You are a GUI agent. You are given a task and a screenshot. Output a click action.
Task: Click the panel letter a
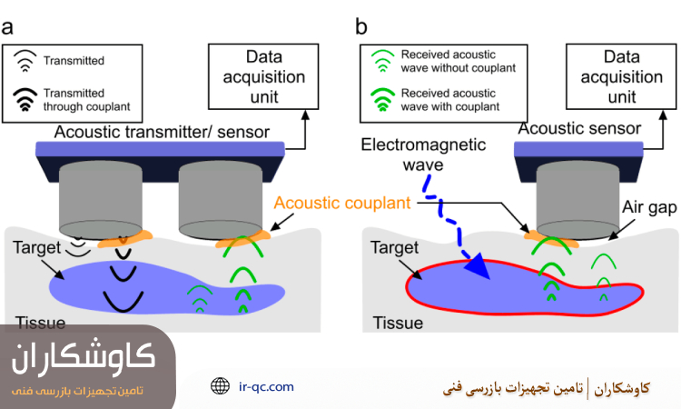pos(8,26)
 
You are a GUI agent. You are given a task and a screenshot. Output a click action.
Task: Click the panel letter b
pos(361,26)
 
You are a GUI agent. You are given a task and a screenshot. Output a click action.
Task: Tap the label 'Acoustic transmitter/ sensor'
pos(162,133)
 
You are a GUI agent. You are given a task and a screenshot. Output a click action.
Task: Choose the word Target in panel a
pos(36,246)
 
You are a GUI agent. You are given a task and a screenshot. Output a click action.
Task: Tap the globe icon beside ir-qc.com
pos(220,386)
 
